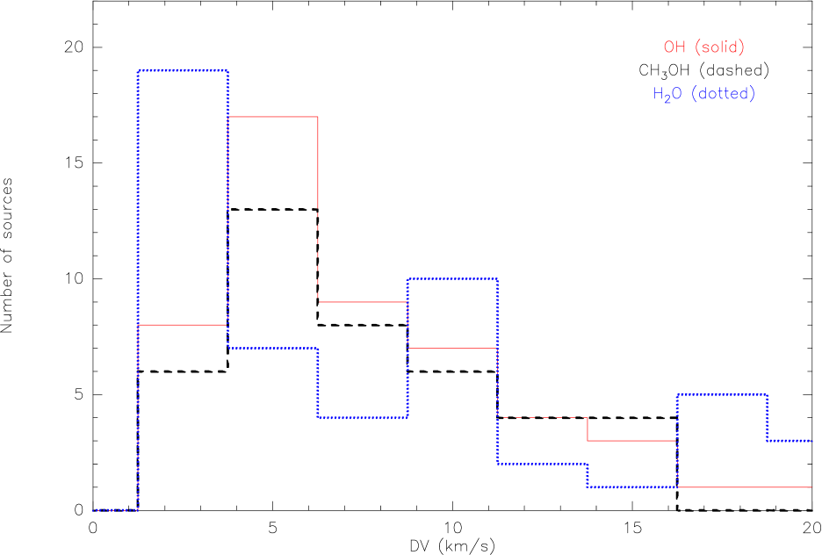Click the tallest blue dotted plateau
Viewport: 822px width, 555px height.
point(183,70)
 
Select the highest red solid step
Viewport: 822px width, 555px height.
point(272,117)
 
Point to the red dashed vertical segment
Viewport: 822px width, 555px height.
point(318,255)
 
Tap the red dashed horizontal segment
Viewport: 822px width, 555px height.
point(542,417)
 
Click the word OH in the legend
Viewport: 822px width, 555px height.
point(674,47)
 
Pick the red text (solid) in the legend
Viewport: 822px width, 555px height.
point(719,47)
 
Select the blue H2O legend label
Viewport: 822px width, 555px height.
point(667,94)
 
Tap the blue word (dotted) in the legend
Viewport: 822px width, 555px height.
point(723,94)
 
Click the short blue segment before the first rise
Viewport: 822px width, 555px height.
point(115,509)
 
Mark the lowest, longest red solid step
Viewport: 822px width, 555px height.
point(744,487)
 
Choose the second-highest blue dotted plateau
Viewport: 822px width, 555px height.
point(452,279)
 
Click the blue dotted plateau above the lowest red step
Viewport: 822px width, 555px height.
point(722,395)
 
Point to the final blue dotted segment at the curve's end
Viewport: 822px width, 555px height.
point(790,440)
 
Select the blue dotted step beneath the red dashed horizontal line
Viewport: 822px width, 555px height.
point(542,463)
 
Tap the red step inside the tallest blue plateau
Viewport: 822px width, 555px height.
point(183,325)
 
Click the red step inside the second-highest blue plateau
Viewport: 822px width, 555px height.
point(452,349)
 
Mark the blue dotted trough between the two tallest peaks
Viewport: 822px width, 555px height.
point(362,417)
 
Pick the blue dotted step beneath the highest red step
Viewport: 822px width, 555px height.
point(272,349)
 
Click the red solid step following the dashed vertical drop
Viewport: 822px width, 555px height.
point(362,302)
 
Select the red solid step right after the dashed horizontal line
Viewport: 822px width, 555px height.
point(631,441)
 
